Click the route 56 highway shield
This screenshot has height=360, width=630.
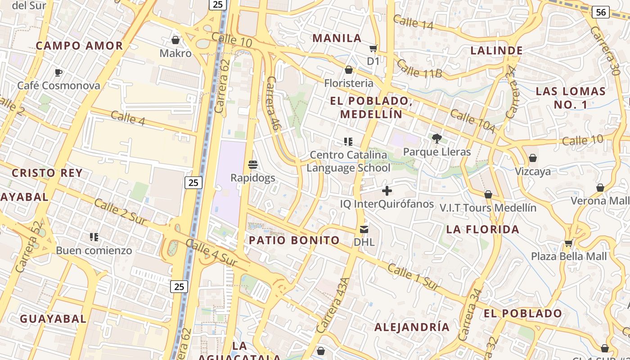tap(601, 12)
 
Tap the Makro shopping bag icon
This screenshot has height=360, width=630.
tap(175, 40)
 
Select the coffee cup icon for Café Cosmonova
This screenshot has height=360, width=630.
tap(58, 72)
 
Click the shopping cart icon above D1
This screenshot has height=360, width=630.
tap(373, 49)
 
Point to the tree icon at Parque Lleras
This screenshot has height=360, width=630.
tap(436, 138)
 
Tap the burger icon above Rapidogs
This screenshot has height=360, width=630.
tap(253, 165)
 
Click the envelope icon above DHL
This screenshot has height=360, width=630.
tap(364, 229)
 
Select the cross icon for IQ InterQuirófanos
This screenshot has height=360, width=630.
tap(387, 191)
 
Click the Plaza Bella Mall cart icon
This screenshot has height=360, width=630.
tap(568, 243)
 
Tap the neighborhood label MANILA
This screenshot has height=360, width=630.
tap(337, 38)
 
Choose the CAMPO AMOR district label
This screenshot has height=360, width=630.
tap(79, 46)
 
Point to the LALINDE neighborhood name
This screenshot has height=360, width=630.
tap(497, 50)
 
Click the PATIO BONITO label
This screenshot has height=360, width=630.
tap(295, 240)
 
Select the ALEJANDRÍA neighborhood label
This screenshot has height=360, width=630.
tap(412, 327)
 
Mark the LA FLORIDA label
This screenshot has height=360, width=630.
tap(483, 229)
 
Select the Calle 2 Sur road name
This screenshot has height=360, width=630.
tap(120, 212)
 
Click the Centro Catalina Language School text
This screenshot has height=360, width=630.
tap(349, 162)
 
